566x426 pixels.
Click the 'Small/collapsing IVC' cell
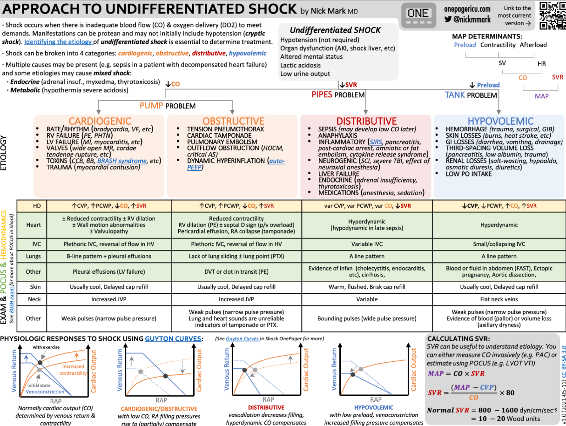[x=499, y=243]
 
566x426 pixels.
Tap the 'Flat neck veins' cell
[x=499, y=299]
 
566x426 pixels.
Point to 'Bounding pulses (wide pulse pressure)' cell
[x=367, y=318]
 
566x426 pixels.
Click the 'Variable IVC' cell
[x=367, y=243]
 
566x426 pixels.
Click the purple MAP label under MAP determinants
[x=541, y=96]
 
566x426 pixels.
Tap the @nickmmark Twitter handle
[x=472, y=20]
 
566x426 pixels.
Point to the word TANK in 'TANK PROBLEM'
[x=455, y=95]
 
